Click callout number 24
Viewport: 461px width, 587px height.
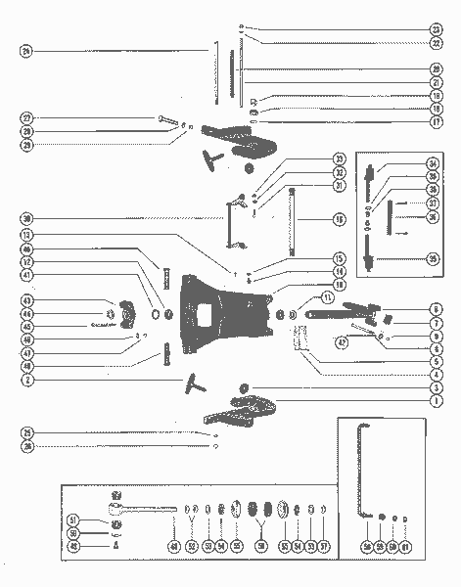(x=25, y=50)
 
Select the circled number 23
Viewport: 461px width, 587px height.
(x=437, y=29)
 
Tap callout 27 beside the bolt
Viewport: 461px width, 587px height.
(x=25, y=118)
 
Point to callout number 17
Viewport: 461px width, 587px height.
(x=437, y=122)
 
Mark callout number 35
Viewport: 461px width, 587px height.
(x=432, y=258)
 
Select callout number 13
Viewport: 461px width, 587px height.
(x=25, y=235)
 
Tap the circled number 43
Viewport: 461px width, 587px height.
(x=25, y=299)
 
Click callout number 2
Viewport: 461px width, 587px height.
(x=25, y=381)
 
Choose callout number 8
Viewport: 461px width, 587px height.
(x=437, y=309)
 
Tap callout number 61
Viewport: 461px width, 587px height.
(x=409, y=546)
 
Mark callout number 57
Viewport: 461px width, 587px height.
(x=324, y=546)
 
